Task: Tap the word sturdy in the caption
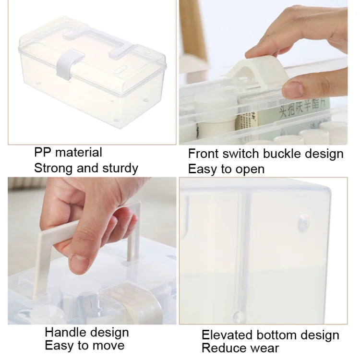click(120, 168)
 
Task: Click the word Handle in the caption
click(65, 332)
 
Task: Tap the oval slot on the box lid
click(122, 70)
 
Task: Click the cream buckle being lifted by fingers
click(258, 72)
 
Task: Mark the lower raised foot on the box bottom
click(238, 317)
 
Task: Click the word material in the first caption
click(79, 152)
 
